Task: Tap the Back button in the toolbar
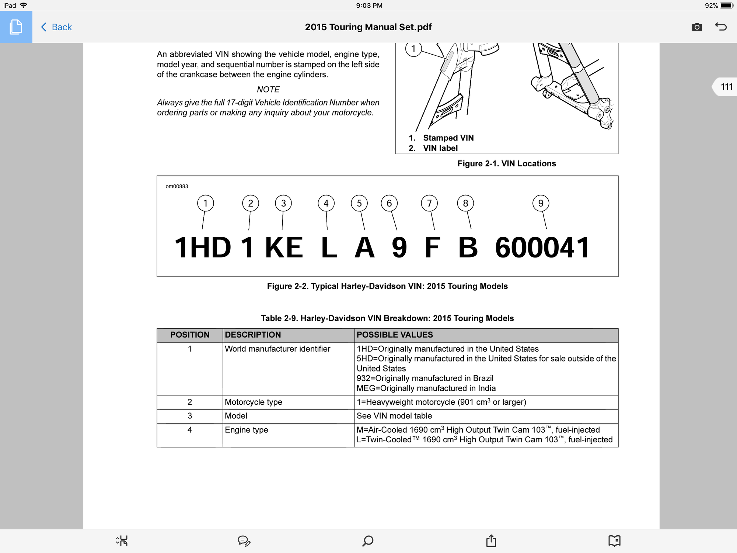coord(57,27)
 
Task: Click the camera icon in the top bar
coord(697,27)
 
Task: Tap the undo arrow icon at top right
coord(721,27)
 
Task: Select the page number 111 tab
coord(726,87)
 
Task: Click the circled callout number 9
coord(541,203)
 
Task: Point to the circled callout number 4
coord(326,203)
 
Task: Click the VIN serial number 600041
coord(542,248)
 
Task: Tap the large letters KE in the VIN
coord(284,248)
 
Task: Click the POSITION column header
coord(190,335)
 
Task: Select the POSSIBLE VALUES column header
coord(395,335)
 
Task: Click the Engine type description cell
coord(247,430)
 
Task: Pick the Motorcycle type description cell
coord(254,402)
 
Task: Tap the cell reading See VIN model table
coord(394,416)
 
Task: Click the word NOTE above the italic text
coord(268,90)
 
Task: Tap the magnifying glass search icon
coord(368,541)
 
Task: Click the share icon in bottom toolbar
coord(491,541)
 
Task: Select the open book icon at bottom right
coord(614,541)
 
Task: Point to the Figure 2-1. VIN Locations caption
coord(507,164)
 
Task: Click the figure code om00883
coord(177,186)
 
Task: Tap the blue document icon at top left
coord(16,27)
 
